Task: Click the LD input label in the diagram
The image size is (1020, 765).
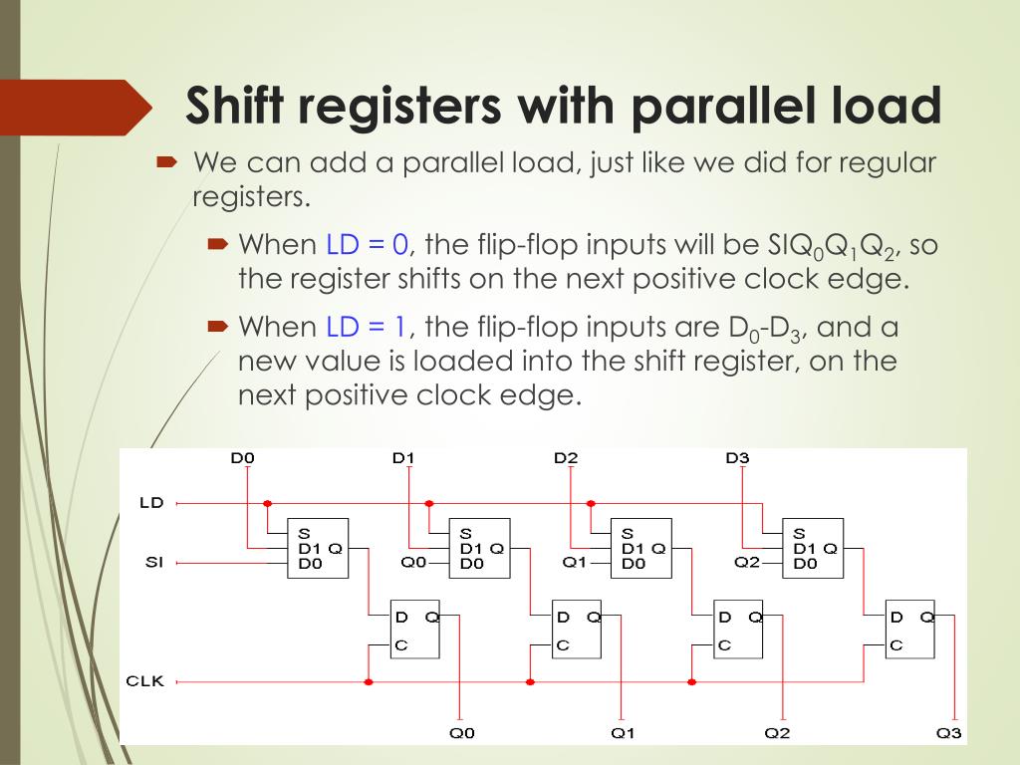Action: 151,503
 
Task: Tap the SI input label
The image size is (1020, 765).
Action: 153,563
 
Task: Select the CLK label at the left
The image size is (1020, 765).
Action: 144,681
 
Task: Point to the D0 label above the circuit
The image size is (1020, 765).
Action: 243,458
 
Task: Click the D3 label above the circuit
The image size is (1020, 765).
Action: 737,458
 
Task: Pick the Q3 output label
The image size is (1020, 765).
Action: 949,733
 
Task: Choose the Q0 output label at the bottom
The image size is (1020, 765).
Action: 462,733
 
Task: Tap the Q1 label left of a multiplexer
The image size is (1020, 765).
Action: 575,563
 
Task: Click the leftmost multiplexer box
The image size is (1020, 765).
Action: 318,548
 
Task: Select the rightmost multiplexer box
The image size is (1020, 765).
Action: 813,548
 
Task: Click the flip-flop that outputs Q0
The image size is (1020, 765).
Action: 414,630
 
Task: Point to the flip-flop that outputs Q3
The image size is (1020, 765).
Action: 910,630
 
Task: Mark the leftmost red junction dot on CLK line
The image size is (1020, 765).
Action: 369,682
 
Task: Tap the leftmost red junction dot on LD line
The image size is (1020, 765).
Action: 267,504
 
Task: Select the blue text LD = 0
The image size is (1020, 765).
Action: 368,244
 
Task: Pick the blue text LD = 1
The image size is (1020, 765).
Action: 368,327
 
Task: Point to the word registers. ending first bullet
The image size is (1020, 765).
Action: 251,196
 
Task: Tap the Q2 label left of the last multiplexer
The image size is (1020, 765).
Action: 747,563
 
